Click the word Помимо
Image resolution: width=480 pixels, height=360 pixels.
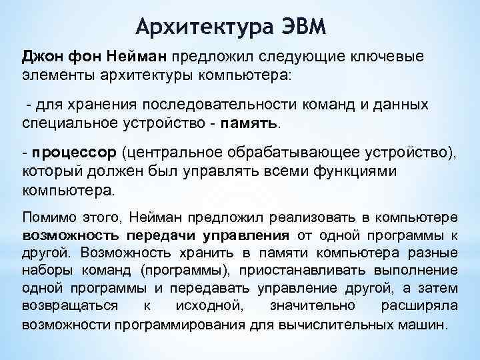click(46, 219)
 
